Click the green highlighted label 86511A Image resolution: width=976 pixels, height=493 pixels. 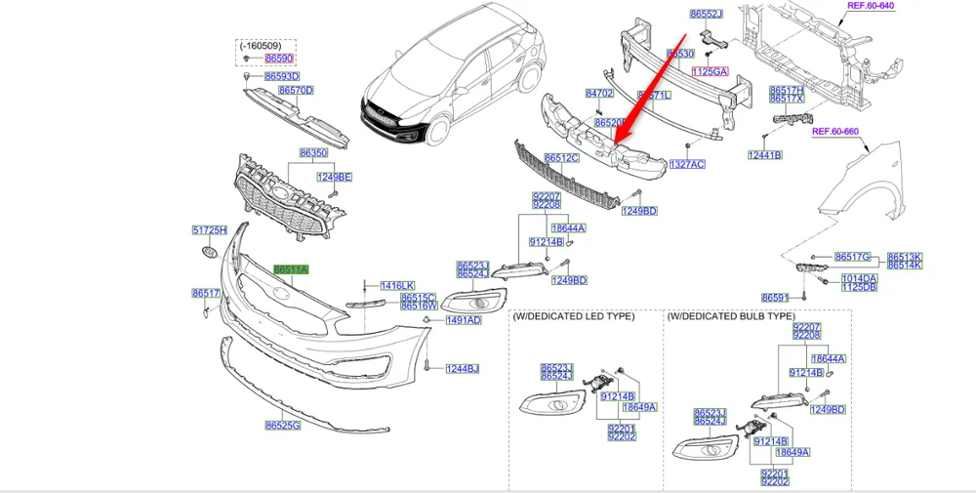click(291, 269)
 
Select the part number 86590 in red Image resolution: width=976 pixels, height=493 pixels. click(279, 60)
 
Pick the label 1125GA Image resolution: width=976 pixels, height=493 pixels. click(711, 71)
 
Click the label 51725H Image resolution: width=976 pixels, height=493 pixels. click(208, 230)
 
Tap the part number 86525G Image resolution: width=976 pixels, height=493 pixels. click(282, 426)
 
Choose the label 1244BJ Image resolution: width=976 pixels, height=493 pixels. click(463, 369)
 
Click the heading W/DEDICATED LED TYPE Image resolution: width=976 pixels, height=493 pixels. click(574, 316)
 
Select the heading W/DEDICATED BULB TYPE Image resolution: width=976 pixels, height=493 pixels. click(731, 316)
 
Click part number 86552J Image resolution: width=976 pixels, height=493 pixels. click(706, 15)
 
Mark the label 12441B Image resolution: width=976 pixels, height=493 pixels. click(765, 155)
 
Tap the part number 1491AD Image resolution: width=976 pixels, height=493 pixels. click(464, 320)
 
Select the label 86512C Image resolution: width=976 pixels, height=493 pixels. click(562, 157)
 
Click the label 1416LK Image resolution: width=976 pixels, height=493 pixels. click(397, 285)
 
